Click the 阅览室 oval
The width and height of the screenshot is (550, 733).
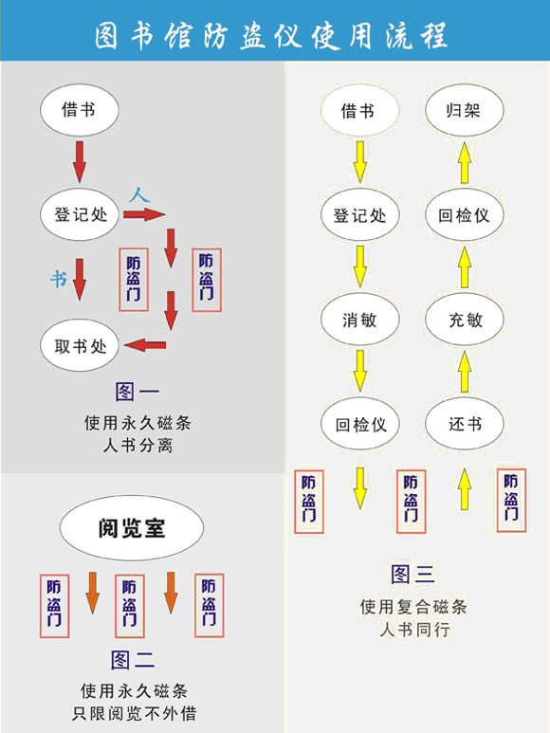pos(132,528)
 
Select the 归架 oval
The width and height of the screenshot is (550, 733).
pos(465,110)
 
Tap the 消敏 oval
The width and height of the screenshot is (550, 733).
pos(359,320)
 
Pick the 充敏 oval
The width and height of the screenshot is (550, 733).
pos(465,320)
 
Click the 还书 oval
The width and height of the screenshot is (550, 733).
pos(465,424)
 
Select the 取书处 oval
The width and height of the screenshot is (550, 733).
pos(80,345)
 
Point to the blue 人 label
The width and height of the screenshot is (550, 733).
pos(139,194)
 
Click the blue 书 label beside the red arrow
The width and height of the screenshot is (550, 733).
pos(59,279)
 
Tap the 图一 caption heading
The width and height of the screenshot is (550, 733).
pos(137,392)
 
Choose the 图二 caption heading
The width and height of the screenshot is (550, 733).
pos(133,660)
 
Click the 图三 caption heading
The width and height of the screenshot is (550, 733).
pos(413,574)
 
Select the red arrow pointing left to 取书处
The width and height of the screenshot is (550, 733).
pos(145,345)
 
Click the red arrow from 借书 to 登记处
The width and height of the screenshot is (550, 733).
pos(80,162)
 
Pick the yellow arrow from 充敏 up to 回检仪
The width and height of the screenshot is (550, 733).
pos(465,266)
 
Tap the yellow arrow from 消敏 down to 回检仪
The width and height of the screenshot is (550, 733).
pos(359,371)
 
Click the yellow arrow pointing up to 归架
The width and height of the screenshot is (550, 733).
pos(465,163)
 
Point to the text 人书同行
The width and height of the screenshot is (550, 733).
pos(415,630)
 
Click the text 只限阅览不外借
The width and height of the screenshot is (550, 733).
pos(134,713)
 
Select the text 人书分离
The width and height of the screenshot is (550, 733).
pos(137,445)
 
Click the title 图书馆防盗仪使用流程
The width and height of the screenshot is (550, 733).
pos(271,35)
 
